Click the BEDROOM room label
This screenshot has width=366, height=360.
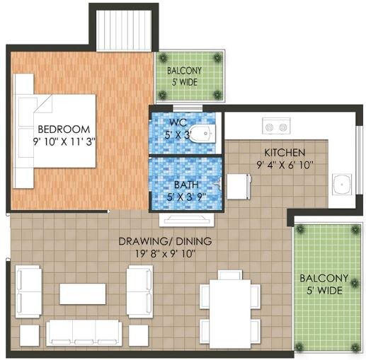[64, 129]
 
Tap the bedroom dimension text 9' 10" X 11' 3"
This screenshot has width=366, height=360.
[64, 141]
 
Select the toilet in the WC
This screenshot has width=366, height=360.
[204, 132]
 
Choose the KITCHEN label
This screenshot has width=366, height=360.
[284, 153]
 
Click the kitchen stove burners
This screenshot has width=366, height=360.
[275, 127]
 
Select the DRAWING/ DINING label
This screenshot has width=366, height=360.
[165, 240]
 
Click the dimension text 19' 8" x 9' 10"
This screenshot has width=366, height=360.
[165, 252]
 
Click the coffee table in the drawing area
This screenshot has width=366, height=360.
[82, 294]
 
